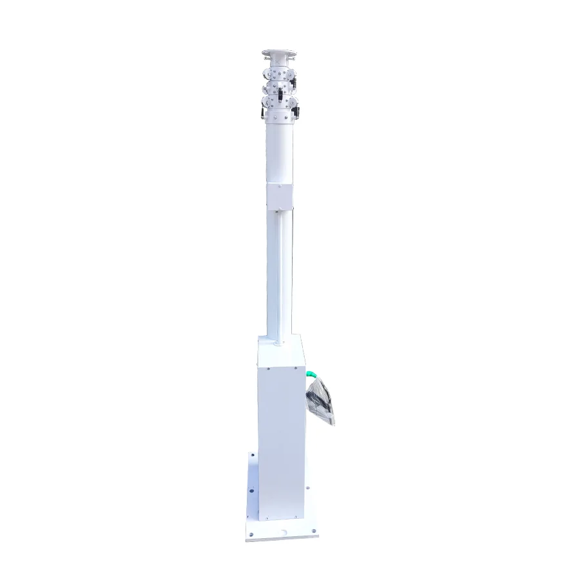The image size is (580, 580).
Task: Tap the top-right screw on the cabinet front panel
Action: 296,369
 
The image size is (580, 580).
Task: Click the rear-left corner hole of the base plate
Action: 252,456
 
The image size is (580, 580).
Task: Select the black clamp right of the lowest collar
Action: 298,113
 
